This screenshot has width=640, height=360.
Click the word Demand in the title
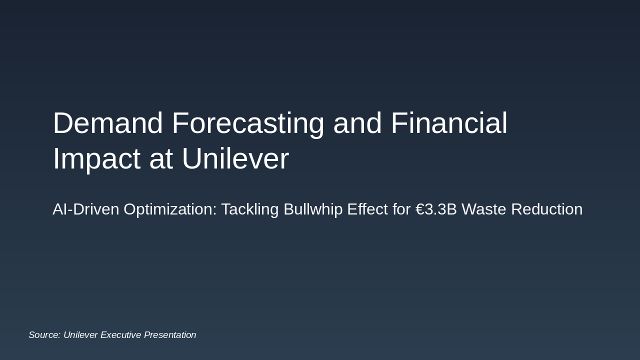[x=107, y=123]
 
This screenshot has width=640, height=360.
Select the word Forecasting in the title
[x=248, y=123]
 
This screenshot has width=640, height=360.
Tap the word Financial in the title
[x=448, y=123]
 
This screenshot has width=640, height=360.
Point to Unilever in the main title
[x=235, y=159]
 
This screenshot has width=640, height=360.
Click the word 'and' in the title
[x=357, y=123]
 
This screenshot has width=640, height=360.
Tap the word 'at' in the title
[x=161, y=159]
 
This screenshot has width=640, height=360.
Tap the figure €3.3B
[x=436, y=209]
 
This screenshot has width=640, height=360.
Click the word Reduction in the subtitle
[x=547, y=209]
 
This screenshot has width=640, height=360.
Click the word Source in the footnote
[x=44, y=335]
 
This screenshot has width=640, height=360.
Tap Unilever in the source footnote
[x=80, y=335]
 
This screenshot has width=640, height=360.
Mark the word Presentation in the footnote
[x=170, y=335]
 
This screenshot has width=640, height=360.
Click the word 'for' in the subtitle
[x=401, y=209]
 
